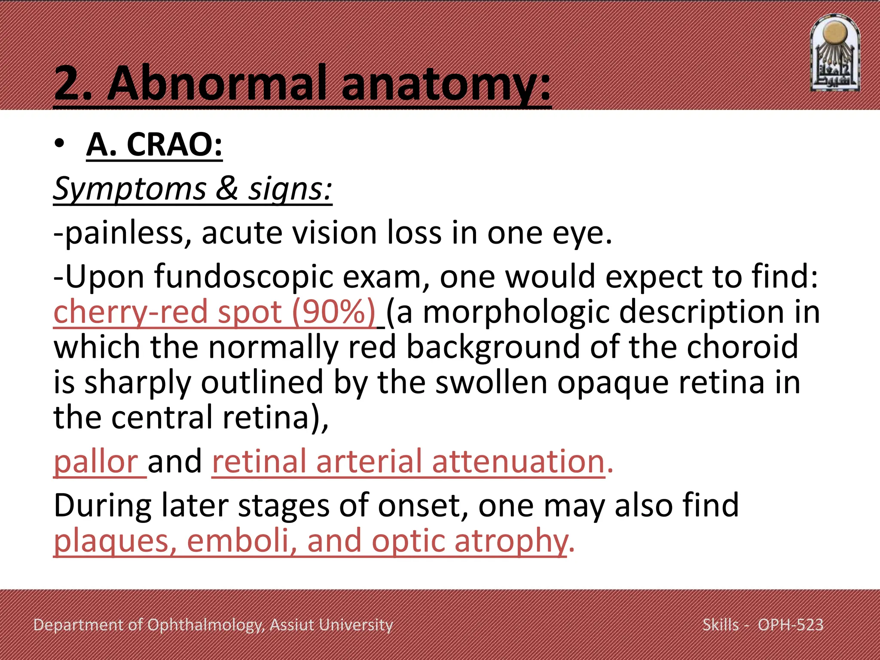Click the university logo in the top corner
coord(834,53)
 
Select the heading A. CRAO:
coord(154,144)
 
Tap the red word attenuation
coord(518,461)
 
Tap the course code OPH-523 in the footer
coord(790,625)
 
